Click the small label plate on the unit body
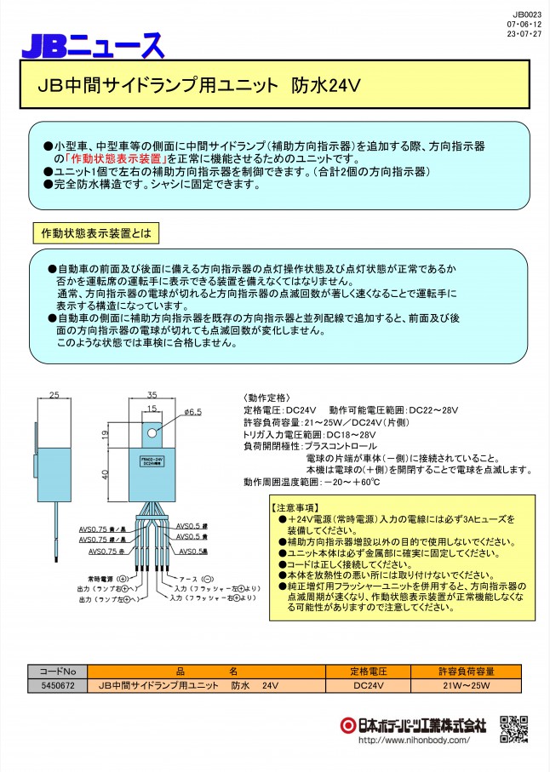tap(153, 460)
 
